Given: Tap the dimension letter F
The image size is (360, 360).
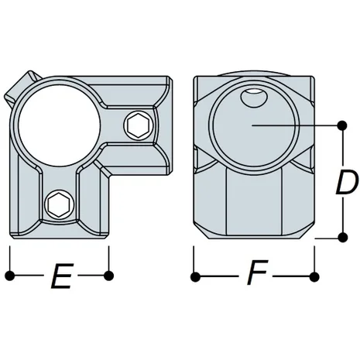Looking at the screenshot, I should tap(252, 276).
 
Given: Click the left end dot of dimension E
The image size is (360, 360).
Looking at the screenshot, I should tap(9, 275).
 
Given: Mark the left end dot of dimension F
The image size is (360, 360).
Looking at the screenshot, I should tap(195, 275).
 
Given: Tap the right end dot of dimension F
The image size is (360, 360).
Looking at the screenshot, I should tap(314, 275).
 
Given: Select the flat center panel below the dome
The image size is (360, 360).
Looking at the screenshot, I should tap(252, 201).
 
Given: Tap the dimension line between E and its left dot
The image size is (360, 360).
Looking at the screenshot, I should tap(26, 275).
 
